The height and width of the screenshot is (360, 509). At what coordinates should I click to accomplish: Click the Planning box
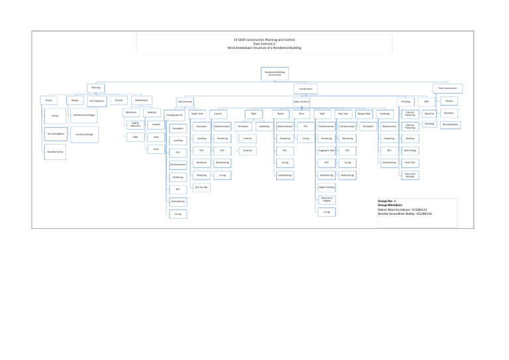click(96, 88)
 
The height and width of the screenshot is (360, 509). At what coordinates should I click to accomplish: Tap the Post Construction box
click(449, 88)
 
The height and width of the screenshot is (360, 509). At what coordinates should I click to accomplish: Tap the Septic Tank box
click(197, 114)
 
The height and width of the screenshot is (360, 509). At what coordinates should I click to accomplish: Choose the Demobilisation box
click(449, 124)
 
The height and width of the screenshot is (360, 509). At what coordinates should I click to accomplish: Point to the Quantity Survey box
click(55, 150)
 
